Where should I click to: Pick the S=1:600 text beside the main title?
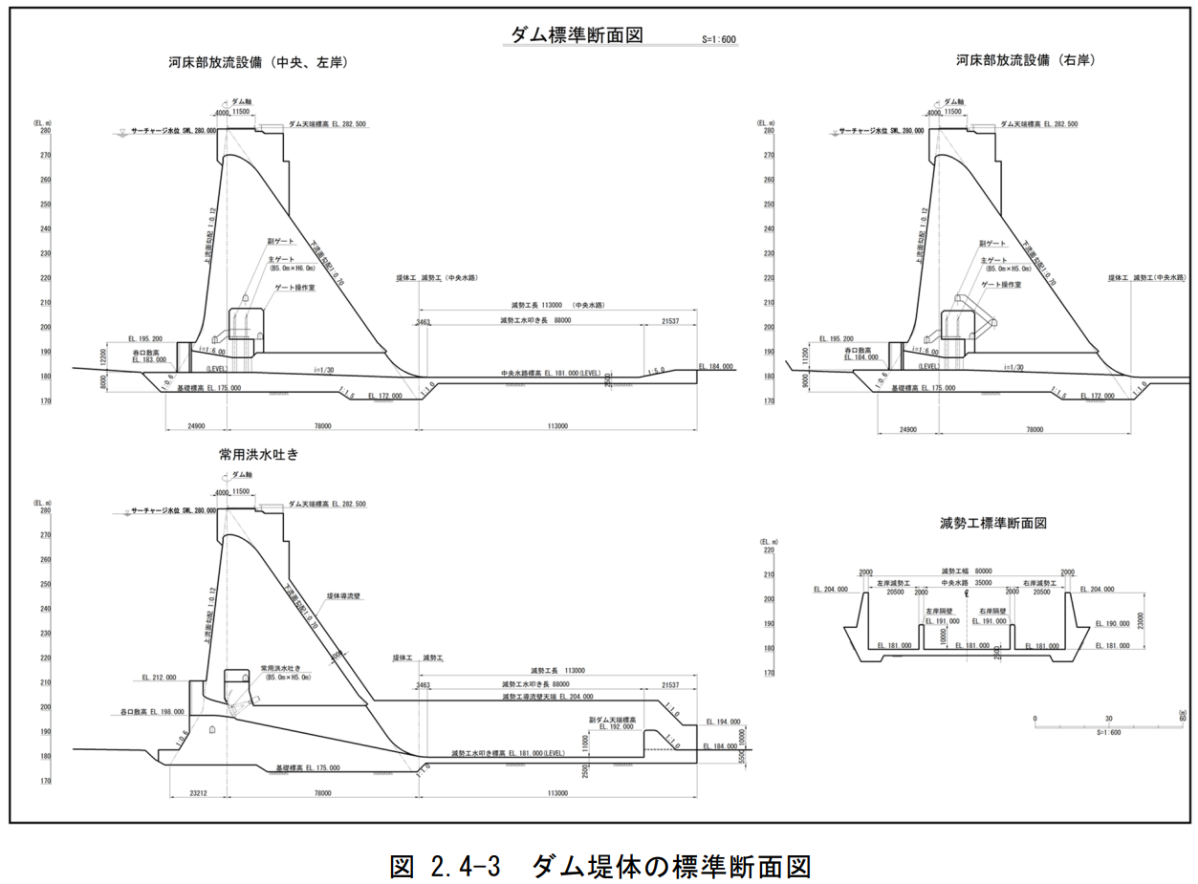(718, 41)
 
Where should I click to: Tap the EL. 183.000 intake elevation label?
(149, 360)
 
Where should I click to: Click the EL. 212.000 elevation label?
(159, 677)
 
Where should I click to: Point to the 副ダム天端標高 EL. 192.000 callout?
(613, 722)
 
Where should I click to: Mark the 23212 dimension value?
(199, 793)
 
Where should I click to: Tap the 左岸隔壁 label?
(938, 611)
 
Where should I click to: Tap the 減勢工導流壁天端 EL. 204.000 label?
(547, 697)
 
